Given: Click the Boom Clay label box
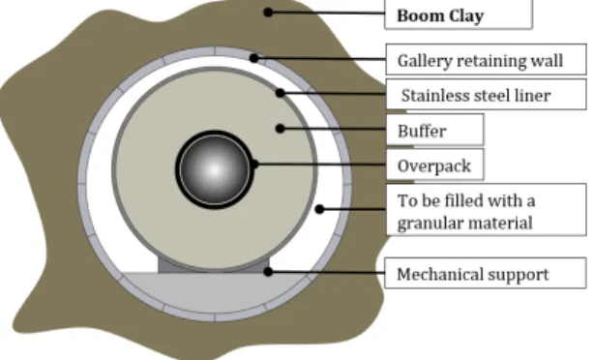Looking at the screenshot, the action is pos(459,15).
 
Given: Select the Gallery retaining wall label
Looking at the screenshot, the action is pos(486,59).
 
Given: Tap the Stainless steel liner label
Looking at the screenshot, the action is pos(486,95).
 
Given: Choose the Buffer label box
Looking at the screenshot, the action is pos(435,130).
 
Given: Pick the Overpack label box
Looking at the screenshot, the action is pos(435,165).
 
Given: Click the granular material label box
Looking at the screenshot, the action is pos(486,210).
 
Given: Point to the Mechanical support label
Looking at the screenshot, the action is pos(486,273).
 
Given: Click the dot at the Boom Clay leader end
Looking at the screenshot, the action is pos(268,13).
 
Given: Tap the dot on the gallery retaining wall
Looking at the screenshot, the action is pos(254,58).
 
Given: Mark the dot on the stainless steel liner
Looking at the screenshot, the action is pos(280,93).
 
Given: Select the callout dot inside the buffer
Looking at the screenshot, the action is pos(280,129).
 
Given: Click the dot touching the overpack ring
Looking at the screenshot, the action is pos(254,165).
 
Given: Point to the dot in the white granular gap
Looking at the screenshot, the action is pos(319,209).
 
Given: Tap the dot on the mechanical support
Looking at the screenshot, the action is pos(268,271).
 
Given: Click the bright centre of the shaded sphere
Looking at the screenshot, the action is pos(215,169).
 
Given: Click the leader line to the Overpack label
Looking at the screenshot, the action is pos(320,165).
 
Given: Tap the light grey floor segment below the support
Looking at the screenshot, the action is pos(215,292).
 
